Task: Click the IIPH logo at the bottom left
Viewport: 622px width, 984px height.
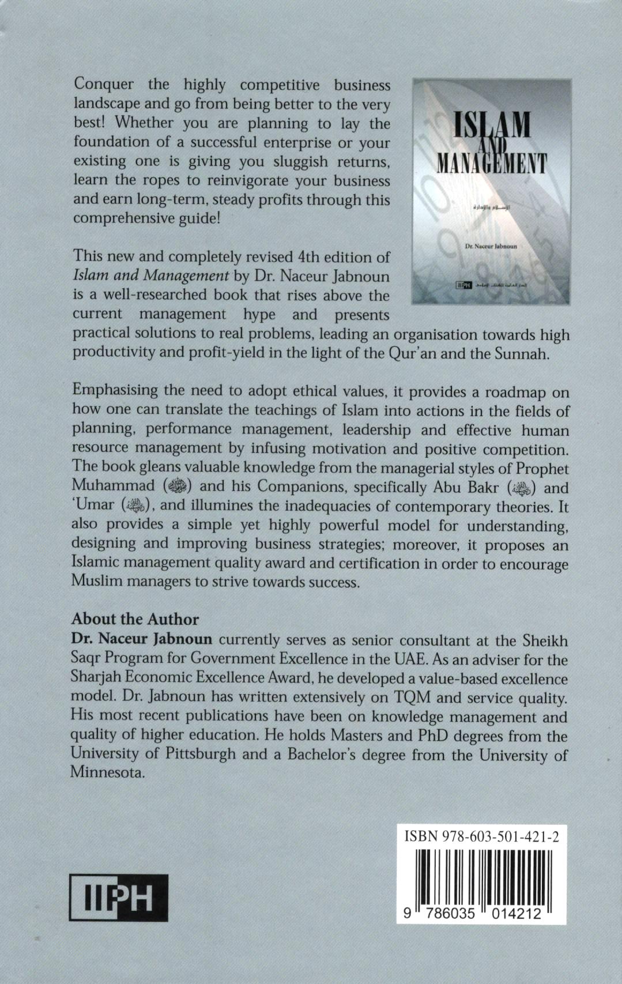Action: [x=119, y=897]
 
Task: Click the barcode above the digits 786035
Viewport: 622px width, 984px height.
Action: [x=450, y=879]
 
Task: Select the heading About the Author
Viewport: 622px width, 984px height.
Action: [x=135, y=619]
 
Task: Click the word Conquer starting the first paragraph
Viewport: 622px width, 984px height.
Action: [x=104, y=85]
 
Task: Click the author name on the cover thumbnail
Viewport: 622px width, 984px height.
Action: [x=491, y=246]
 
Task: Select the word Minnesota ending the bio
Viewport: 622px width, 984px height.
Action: [x=106, y=772]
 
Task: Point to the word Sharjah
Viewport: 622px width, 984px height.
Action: [x=97, y=678]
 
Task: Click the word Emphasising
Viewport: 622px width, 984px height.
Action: [x=115, y=391]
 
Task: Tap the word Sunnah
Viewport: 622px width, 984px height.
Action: [x=518, y=353]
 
